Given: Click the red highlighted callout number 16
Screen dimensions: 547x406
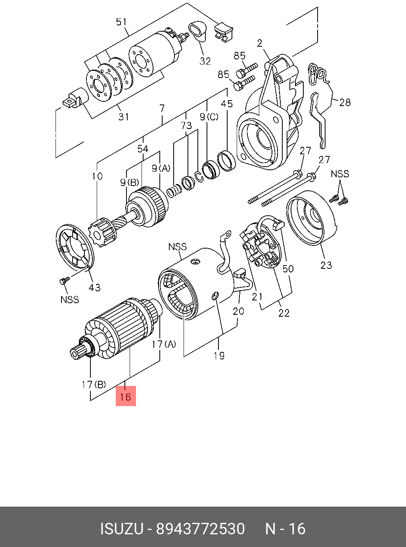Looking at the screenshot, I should tap(126, 396).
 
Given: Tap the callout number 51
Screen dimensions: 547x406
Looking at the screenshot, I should tap(121, 22).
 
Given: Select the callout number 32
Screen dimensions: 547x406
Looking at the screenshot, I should tap(205, 61).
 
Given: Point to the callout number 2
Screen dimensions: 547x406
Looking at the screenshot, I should tap(260, 43).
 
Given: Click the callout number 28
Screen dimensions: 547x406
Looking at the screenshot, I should tap(345, 103).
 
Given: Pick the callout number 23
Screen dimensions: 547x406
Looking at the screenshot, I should tap(326, 265).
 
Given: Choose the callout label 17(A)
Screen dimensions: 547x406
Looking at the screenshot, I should tap(164, 344).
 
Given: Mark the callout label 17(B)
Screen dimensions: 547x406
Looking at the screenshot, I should tap(94, 384).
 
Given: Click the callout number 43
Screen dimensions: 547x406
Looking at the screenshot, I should tap(94, 287).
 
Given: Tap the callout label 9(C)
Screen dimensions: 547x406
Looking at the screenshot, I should tap(209, 117).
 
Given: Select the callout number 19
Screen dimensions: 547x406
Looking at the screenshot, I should tap(219, 356).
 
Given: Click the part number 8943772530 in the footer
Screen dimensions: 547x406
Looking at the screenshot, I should tap(201, 529).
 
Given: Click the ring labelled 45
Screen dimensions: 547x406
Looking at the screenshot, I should tap(227, 161).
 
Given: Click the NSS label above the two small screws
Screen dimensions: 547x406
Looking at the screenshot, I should tap(340, 174).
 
